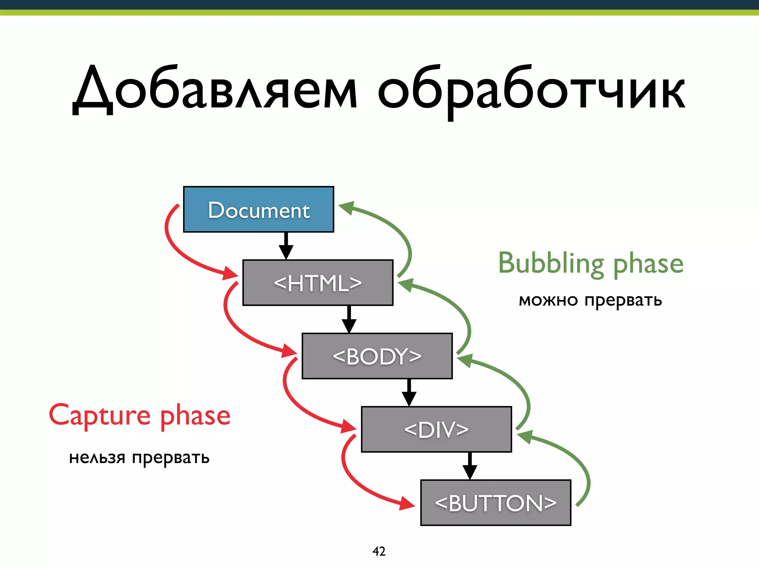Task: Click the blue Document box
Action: (x=258, y=210)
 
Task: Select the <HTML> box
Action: (x=318, y=283)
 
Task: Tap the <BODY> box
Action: (x=377, y=356)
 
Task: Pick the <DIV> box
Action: (x=436, y=429)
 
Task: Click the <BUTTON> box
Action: (x=495, y=503)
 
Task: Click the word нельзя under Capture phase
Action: (x=97, y=458)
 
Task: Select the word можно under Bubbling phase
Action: (x=548, y=300)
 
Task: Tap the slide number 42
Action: (x=379, y=551)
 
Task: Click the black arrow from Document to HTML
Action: (x=286, y=246)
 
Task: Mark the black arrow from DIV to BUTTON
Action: (x=470, y=466)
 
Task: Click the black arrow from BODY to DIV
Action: (x=409, y=393)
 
